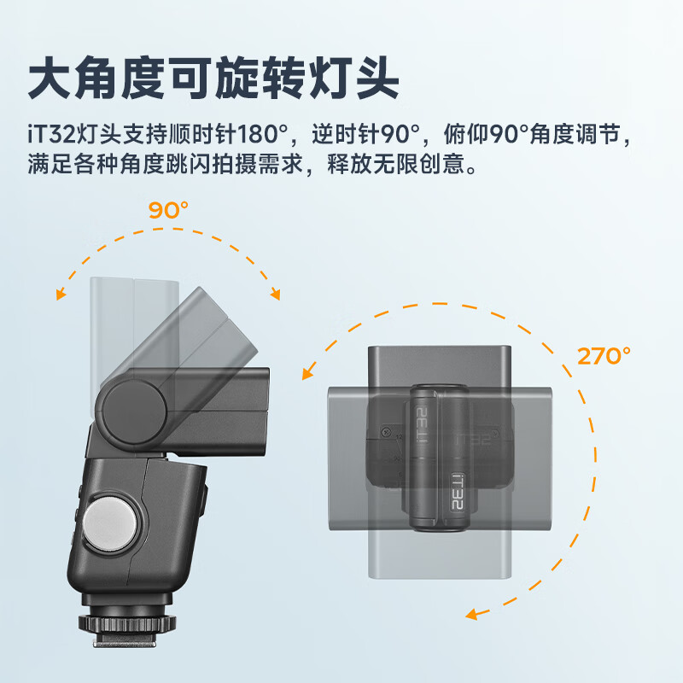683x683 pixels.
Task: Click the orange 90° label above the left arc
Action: coord(168,210)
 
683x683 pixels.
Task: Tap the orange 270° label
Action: coord(603,356)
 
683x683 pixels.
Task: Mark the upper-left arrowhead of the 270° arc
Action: coord(306,373)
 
